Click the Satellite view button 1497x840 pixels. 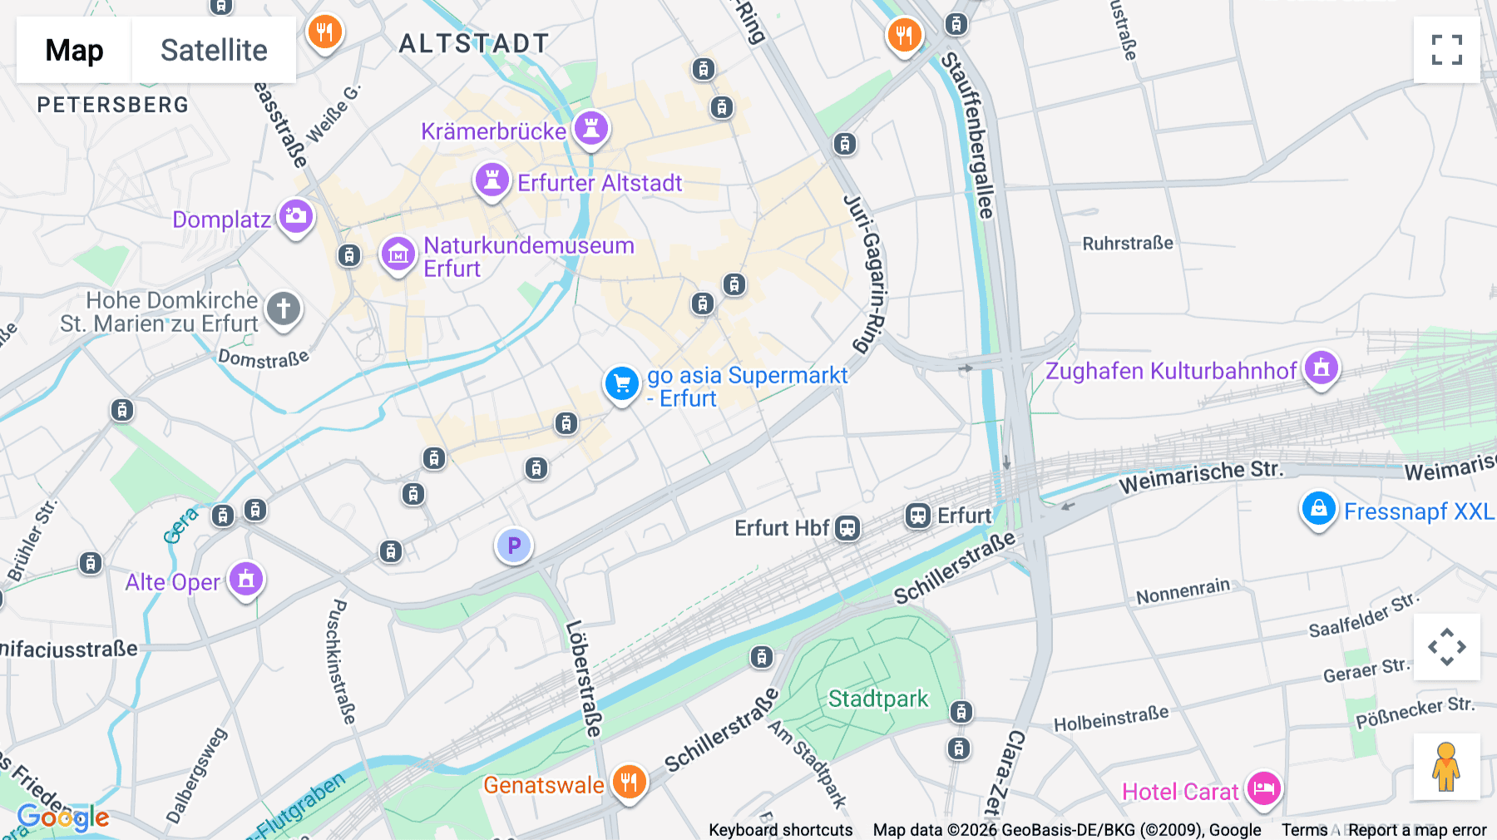tap(214, 50)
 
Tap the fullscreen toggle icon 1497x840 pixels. tap(1446, 50)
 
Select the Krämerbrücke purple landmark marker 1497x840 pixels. tap(591, 129)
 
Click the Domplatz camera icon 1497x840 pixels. tap(296, 217)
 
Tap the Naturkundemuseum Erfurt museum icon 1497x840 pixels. tap(398, 254)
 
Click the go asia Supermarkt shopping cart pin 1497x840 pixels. tap(621, 384)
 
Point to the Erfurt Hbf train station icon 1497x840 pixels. tap(847, 528)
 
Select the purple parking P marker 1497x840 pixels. tap(514, 546)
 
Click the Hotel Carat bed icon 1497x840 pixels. tap(1263, 788)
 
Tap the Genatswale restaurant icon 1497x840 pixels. tap(629, 783)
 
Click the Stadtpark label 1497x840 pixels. tap(877, 699)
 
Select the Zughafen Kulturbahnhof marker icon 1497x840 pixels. tap(1322, 368)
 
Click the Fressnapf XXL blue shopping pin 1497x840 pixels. tap(1318, 508)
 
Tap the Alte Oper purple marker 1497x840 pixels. tap(246, 579)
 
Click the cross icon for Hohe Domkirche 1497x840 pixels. tap(283, 309)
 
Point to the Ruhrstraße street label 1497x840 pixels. tap(1127, 244)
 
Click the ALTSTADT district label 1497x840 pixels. tap(474, 43)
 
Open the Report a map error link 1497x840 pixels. tap(1417, 830)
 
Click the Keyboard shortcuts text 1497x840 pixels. tap(780, 830)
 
